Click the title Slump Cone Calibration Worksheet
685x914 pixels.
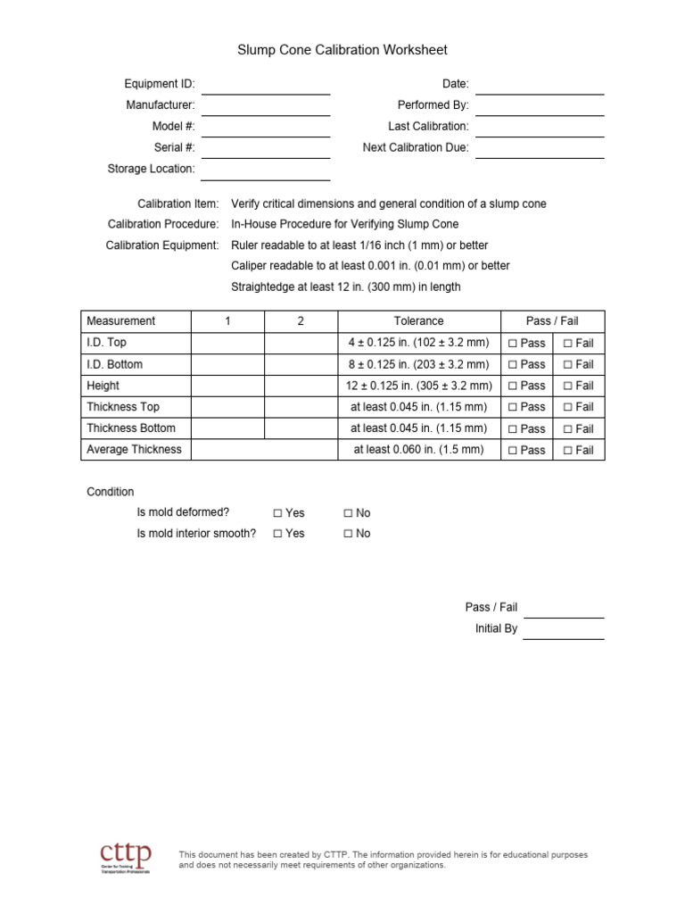pos(342,51)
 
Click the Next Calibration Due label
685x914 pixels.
pos(416,148)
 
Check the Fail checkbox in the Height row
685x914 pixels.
pos(567,386)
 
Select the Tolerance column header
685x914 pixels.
pos(418,321)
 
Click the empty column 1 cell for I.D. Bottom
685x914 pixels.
pos(227,364)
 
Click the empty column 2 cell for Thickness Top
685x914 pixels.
pos(301,407)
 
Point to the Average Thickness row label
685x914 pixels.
pos(134,450)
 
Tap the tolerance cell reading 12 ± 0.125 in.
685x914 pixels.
pos(418,386)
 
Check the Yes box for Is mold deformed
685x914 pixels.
pos(277,513)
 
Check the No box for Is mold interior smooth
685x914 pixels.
pos(348,534)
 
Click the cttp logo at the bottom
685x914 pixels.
pos(125,857)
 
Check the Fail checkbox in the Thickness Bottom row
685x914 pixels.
pos(567,428)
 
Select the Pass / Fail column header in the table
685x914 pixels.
pos(552,321)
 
